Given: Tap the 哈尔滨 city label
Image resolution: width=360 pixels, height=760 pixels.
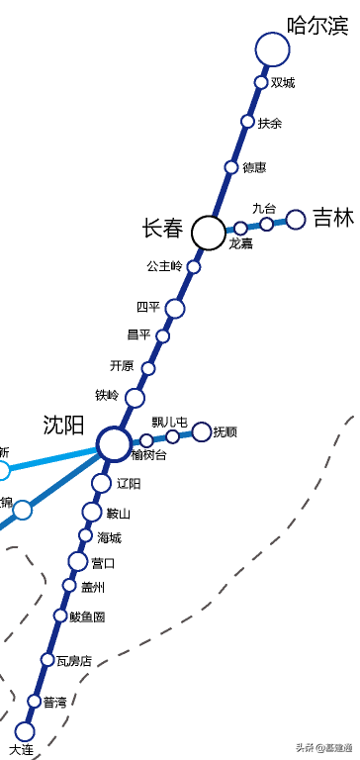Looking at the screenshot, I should point(316,26).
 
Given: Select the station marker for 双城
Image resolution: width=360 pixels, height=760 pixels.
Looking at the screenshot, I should point(261,82).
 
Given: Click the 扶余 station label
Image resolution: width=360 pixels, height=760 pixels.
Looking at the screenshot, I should point(270,124).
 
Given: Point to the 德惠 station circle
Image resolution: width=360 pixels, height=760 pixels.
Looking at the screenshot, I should point(231,167).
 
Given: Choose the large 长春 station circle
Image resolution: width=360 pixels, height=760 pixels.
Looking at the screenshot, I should point(208,233).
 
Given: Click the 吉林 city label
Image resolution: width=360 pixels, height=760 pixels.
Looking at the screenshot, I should point(333,218).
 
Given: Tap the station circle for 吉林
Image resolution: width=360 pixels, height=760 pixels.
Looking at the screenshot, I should point(295,220).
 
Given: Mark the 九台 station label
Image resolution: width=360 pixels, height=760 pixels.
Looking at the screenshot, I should point(264,208).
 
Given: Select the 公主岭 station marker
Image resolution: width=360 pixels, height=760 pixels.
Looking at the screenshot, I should point(194,266).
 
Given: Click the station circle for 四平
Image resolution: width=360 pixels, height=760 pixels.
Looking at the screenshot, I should point(175,309).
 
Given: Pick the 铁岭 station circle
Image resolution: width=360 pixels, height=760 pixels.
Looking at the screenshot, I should point(135,398).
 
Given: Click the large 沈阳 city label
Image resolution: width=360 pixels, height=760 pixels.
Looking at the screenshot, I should point(63,426).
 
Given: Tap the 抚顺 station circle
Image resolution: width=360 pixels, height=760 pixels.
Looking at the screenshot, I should point(202,431).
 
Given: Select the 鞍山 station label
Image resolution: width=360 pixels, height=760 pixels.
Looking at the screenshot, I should point(119,514).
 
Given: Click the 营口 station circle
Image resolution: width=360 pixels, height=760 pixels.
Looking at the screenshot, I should point(78,562).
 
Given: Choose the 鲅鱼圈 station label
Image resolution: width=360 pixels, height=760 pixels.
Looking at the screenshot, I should point(87,617).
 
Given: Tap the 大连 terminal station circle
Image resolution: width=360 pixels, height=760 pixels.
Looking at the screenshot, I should point(24,731).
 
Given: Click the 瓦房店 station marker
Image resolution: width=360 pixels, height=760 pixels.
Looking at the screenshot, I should point(47,659).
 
